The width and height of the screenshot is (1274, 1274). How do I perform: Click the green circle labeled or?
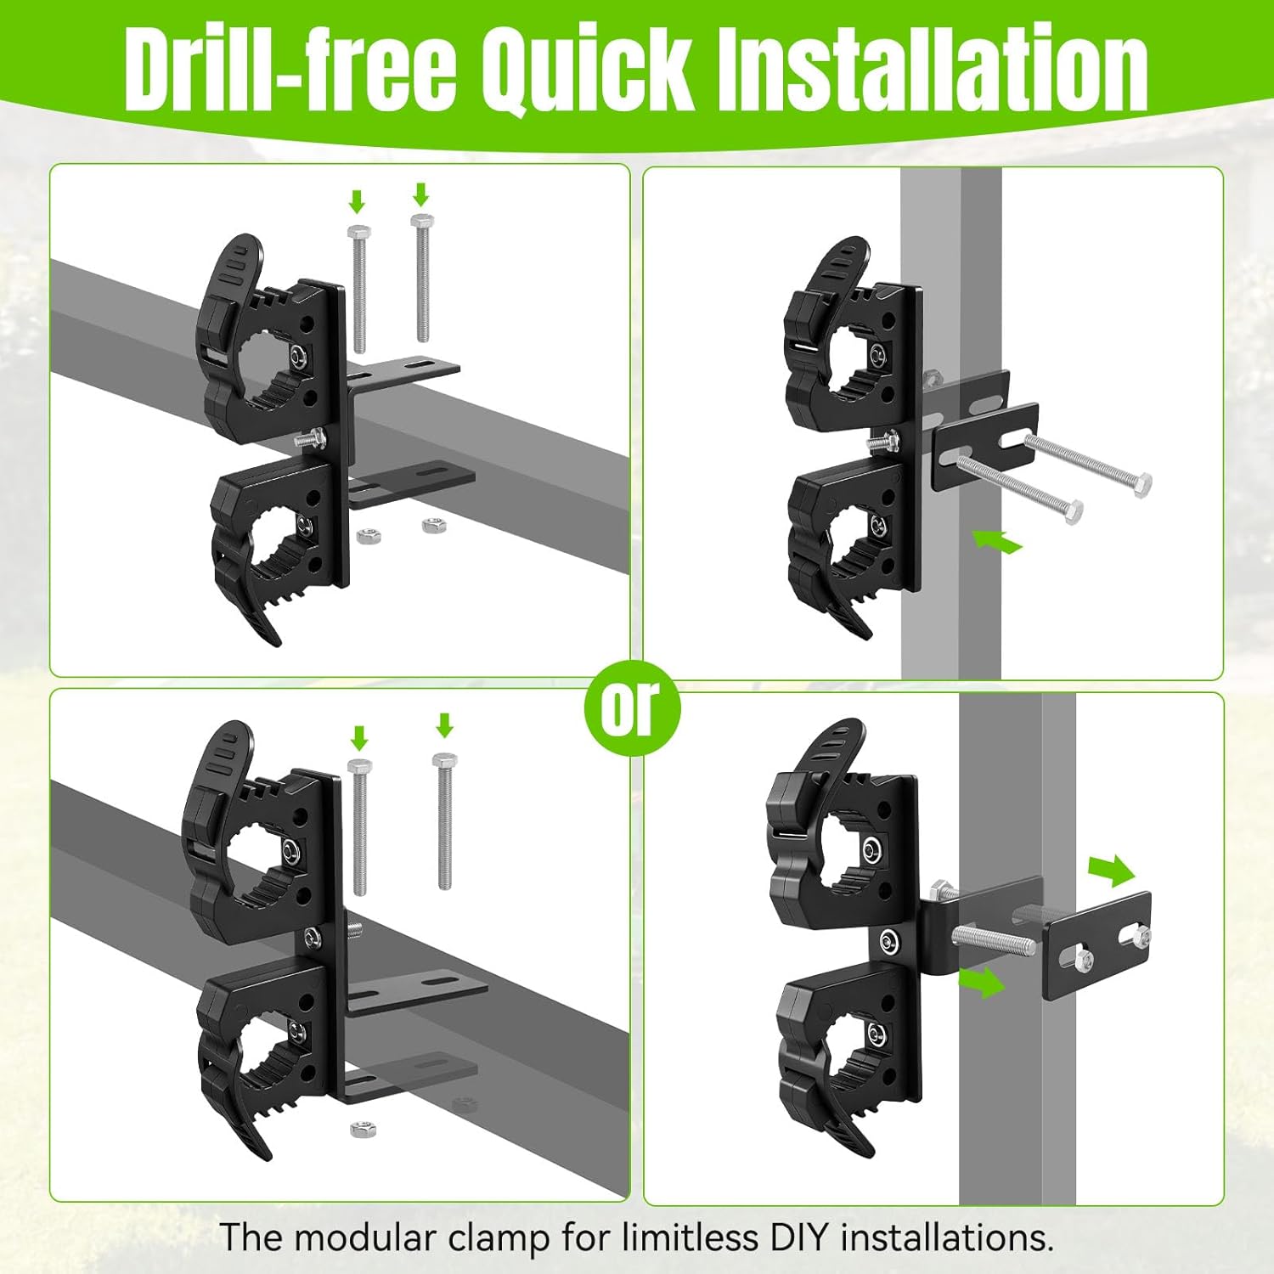[x=632, y=707]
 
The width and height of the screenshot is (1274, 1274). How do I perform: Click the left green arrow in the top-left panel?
[x=357, y=202]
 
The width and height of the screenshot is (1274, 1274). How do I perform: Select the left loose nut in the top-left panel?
[x=368, y=537]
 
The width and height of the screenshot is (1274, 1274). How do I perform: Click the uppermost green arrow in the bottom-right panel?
[x=1111, y=871]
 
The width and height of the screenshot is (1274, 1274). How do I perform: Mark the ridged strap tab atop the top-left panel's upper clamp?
[x=233, y=263]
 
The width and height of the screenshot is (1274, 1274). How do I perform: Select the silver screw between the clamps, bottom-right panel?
[x=889, y=941]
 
